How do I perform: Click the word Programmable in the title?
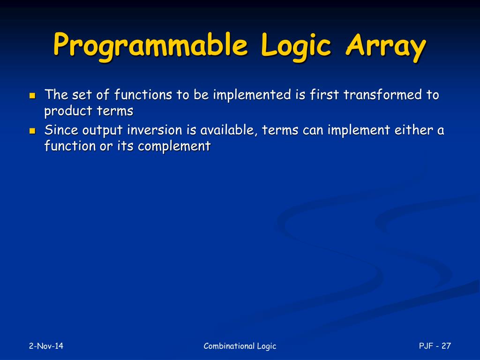click(x=150, y=46)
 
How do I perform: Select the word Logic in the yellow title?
click(x=296, y=46)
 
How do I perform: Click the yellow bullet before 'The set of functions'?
click(x=32, y=96)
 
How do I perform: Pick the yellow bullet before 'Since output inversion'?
click(x=32, y=131)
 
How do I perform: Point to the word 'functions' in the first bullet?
click(x=143, y=94)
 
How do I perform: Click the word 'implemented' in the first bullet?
click(x=252, y=95)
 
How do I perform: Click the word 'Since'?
click(x=61, y=130)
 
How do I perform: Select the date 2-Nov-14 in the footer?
click(x=46, y=346)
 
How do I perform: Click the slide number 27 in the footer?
click(x=446, y=346)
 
